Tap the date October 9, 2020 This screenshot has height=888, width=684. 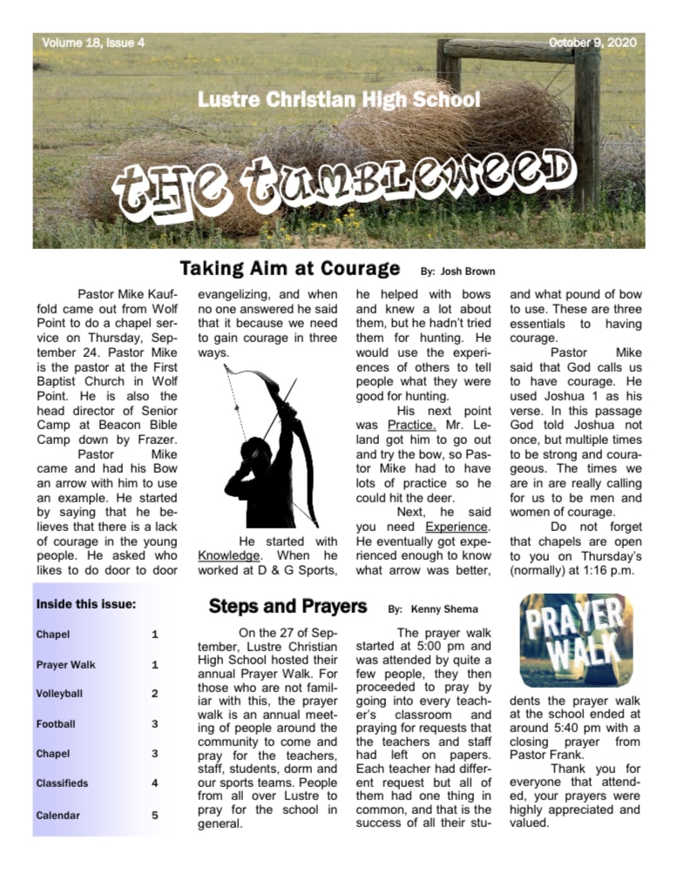[x=593, y=43]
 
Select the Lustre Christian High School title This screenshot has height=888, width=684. [x=339, y=99]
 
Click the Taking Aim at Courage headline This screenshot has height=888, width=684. [x=290, y=267]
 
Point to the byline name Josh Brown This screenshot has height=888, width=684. [x=471, y=271]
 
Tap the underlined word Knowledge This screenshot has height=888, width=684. [x=228, y=555]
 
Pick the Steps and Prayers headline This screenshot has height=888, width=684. [x=288, y=606]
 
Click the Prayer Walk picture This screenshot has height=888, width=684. [x=576, y=640]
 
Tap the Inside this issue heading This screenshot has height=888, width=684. [x=86, y=603]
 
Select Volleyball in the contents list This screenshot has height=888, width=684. [x=60, y=694]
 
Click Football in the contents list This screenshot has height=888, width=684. [x=56, y=723]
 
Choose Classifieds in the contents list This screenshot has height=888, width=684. [x=62, y=783]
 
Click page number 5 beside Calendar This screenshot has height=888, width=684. [x=155, y=816]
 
